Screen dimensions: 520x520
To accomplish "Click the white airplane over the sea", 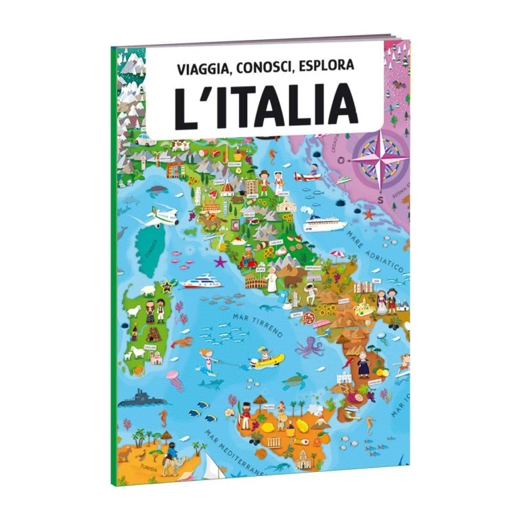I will (160, 215).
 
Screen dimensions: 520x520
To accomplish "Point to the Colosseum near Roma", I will (257, 280).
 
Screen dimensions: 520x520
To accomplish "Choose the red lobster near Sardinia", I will (181, 343).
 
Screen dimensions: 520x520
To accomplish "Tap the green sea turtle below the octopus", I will (295, 381).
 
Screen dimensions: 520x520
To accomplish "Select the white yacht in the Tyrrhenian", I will (201, 280).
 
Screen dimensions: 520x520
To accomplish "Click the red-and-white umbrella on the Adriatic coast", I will (337, 255).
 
